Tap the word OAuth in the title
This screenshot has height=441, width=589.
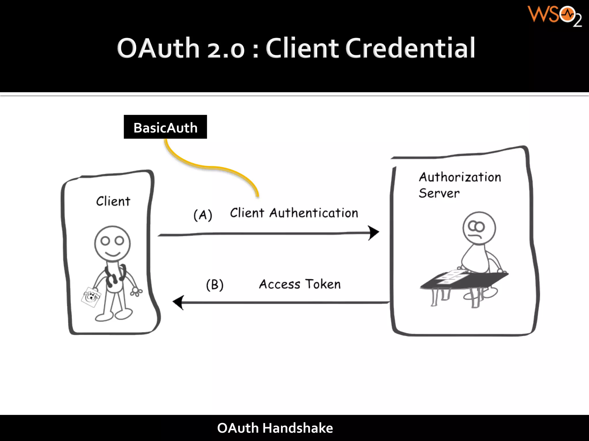(158, 48)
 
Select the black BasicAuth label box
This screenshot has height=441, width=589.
(165, 127)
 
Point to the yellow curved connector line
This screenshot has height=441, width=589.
(213, 167)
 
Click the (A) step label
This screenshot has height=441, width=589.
(203, 215)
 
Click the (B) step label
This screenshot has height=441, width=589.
(215, 285)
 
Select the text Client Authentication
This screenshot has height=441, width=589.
(294, 213)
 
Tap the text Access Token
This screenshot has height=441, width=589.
(300, 284)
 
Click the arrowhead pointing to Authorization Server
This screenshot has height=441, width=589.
(374, 233)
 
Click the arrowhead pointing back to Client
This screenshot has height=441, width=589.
(179, 302)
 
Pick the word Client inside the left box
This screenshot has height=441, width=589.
(113, 201)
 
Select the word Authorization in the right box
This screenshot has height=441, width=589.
(460, 177)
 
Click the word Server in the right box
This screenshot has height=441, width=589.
(439, 193)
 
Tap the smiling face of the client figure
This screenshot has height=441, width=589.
(112, 243)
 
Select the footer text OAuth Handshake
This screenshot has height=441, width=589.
(275, 428)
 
